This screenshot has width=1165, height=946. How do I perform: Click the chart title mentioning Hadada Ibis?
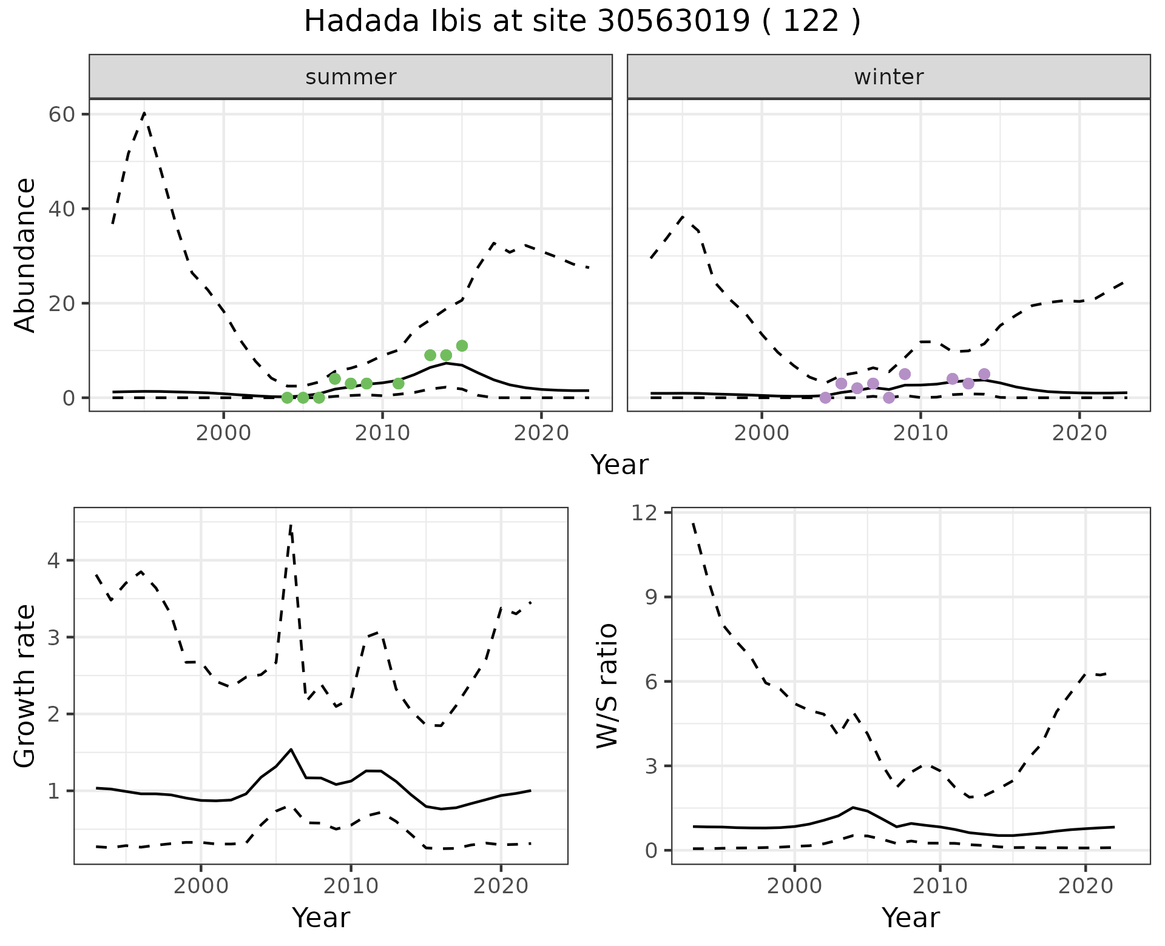click(582, 22)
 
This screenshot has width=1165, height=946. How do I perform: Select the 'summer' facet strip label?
click(351, 77)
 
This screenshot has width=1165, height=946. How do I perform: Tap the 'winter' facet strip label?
click(888, 77)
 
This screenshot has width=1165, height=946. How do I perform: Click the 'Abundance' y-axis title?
click(25, 255)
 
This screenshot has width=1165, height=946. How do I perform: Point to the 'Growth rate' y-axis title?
click(25, 686)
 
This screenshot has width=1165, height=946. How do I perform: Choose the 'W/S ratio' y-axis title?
click(607, 686)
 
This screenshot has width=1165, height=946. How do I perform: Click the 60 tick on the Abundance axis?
click(61, 115)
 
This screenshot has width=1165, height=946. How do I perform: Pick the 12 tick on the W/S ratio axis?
click(644, 513)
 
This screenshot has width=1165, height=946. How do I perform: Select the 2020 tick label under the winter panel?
click(1079, 434)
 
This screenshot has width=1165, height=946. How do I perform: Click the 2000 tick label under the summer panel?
click(223, 434)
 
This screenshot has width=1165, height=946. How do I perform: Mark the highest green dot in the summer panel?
click(462, 346)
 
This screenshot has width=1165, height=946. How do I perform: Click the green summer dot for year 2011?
click(398, 383)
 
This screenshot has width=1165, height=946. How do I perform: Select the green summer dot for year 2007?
click(335, 379)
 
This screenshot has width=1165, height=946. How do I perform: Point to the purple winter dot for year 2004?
click(825, 397)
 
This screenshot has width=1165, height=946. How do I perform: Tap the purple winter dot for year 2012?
click(952, 379)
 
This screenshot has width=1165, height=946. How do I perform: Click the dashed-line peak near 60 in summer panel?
click(144, 113)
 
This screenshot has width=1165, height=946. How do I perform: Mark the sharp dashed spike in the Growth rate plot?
click(291, 525)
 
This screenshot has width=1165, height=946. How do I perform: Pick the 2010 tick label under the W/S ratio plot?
click(940, 886)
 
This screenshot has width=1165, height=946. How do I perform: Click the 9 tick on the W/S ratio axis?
click(651, 597)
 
